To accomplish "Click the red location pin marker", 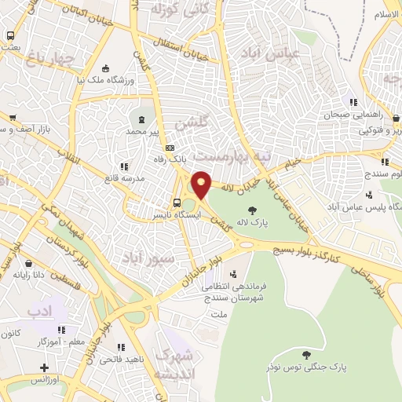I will tap(202, 185).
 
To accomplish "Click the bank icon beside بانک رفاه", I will tap(170, 148).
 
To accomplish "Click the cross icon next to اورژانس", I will tap(45, 367).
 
